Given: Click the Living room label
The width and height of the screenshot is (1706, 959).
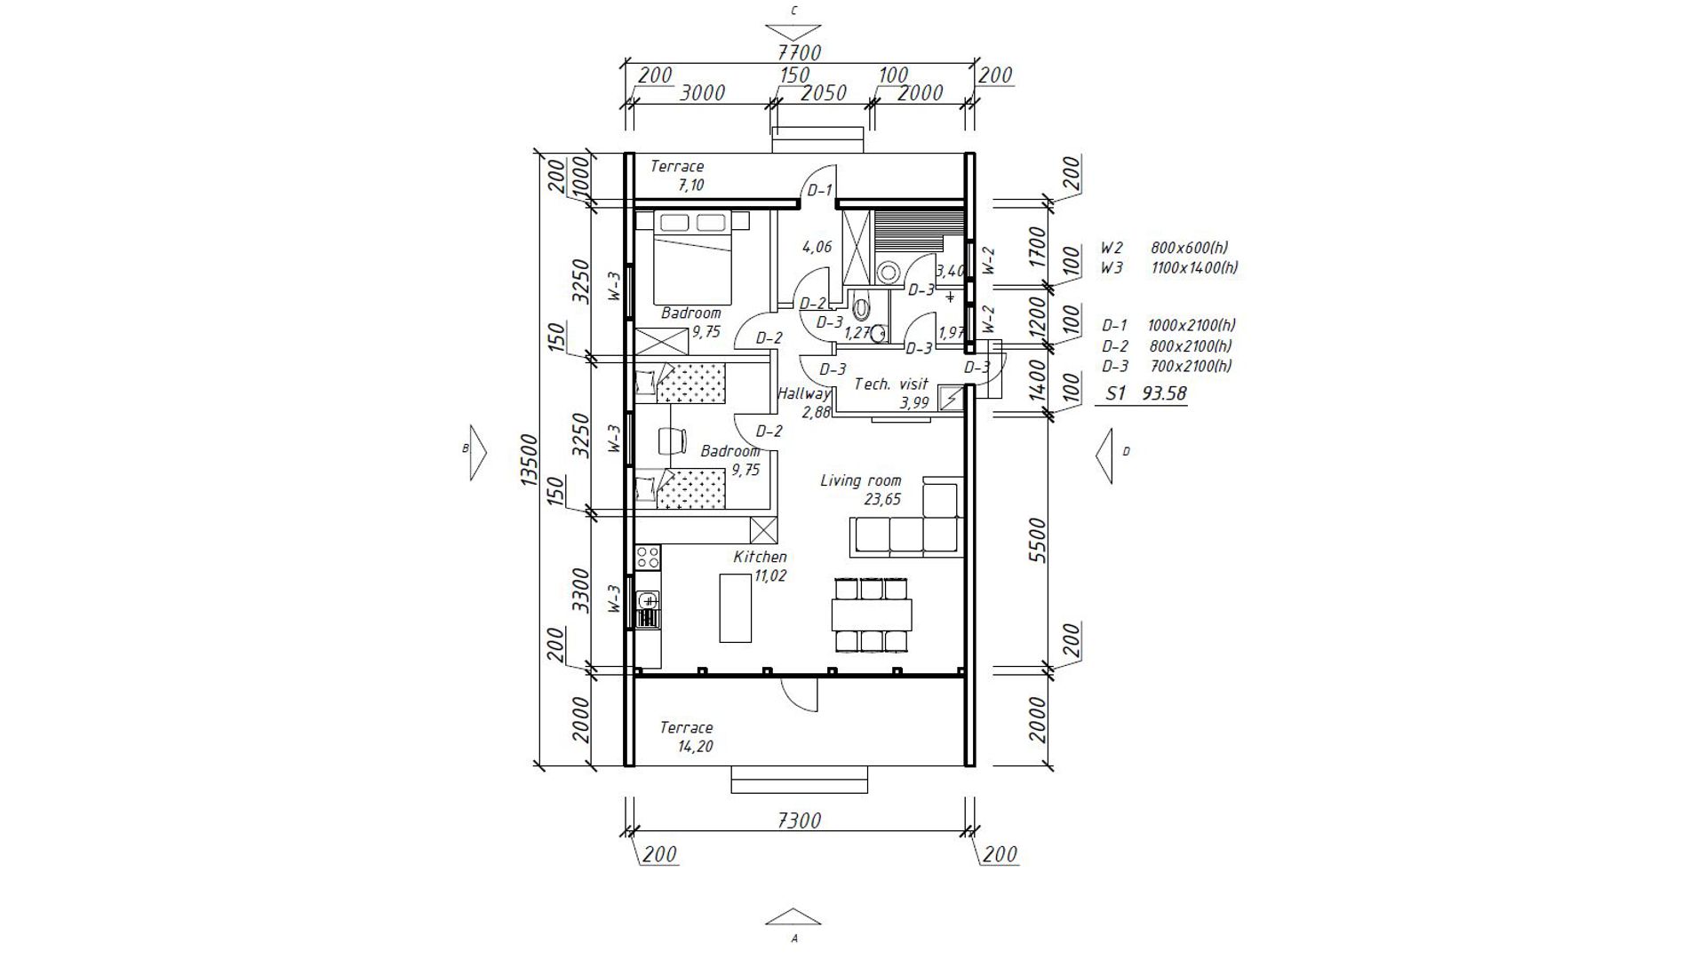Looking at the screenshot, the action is (860, 480).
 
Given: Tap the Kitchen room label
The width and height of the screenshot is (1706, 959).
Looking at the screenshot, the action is (760, 557).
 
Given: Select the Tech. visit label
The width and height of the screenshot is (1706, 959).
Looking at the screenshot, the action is (891, 384).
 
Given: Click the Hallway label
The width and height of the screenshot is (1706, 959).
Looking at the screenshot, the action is (804, 393).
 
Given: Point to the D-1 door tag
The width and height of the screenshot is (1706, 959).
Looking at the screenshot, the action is (819, 190).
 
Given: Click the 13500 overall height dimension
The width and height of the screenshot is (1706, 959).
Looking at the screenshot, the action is (529, 458).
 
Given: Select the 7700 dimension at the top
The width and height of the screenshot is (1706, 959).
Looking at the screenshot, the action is (799, 52).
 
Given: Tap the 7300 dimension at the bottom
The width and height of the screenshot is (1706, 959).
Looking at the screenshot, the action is (799, 820).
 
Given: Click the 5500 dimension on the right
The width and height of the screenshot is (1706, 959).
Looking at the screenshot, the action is (1038, 540).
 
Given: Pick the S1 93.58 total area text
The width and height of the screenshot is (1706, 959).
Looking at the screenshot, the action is (1145, 393).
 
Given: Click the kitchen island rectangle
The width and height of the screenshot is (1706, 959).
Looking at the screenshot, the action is (736, 607).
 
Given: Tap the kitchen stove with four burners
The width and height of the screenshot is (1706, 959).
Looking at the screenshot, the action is (648, 558).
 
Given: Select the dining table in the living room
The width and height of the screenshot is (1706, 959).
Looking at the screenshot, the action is (872, 614).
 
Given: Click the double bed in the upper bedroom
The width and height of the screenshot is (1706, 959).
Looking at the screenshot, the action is (693, 258).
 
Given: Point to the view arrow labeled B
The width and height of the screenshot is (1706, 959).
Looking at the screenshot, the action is (477, 452).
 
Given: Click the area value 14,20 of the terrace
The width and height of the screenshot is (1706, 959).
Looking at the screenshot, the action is (695, 747).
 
